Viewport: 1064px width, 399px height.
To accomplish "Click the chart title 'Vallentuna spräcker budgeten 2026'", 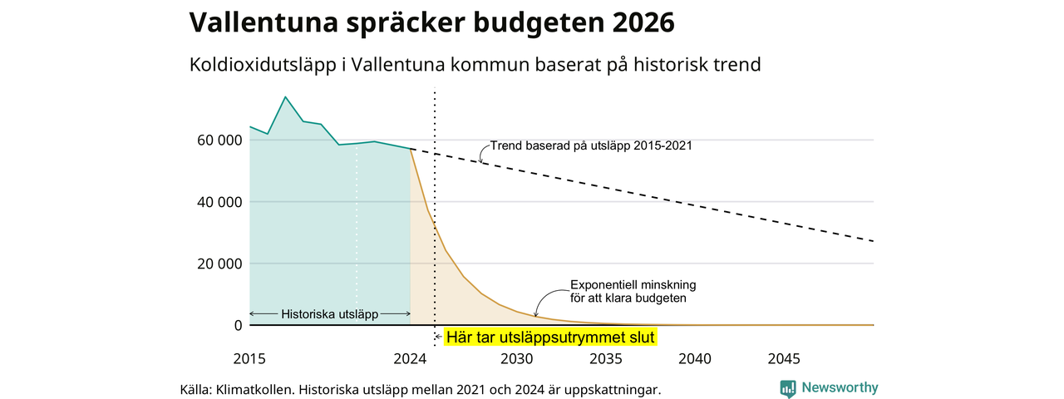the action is tap(431, 22).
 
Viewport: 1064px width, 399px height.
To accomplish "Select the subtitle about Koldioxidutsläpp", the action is tap(475, 65).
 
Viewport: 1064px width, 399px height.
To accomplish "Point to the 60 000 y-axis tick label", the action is tap(219, 140).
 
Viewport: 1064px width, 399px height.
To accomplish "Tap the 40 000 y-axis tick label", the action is tap(219, 202).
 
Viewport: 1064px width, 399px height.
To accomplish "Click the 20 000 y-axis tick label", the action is tap(219, 264).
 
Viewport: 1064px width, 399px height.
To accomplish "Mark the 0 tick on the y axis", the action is tap(238, 325).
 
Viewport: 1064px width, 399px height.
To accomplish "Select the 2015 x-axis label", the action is tap(249, 358).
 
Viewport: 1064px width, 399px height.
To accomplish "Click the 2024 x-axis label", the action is tap(410, 358).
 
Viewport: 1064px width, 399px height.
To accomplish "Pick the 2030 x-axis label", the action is tap(517, 358).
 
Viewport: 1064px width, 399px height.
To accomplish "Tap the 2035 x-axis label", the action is tap(606, 358).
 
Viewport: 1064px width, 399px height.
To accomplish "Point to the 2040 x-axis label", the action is tap(695, 358).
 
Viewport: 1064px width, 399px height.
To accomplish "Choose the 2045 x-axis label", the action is tap(784, 358).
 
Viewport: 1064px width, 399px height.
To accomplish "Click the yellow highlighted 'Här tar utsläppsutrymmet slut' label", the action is tap(550, 337).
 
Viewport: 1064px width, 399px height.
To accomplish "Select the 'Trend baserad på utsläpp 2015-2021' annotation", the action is tap(591, 145).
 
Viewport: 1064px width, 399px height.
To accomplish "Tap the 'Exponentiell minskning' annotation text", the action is tap(633, 285).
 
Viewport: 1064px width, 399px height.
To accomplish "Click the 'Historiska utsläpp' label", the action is tap(330, 314).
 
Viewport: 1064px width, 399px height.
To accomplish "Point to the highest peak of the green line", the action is tap(285, 97).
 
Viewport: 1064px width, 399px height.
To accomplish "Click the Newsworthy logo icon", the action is tap(788, 388).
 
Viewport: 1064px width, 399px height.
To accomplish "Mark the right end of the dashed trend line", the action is tap(873, 241).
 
